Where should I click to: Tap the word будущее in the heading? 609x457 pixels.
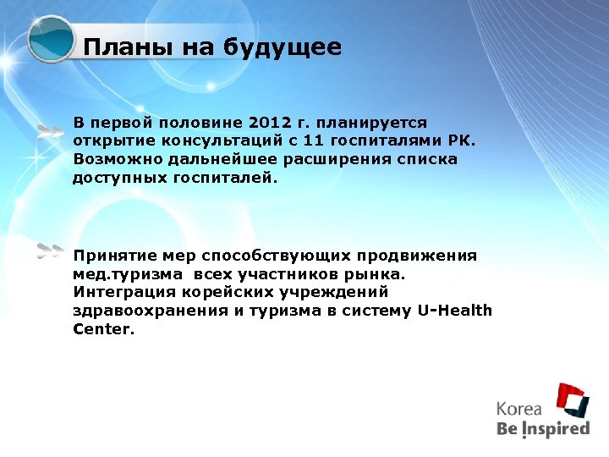[x=283, y=48]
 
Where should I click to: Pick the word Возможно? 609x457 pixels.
[x=108, y=159]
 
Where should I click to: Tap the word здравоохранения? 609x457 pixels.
[x=148, y=311]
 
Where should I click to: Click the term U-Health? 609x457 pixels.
[x=455, y=311]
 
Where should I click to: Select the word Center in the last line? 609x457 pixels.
[x=102, y=329]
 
